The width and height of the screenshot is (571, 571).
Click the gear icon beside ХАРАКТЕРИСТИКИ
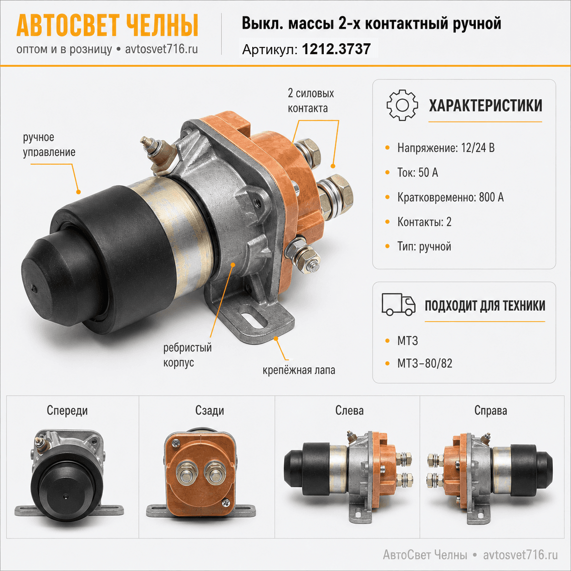[402, 105]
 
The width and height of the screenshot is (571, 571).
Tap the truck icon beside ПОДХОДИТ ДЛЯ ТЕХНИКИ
[398, 305]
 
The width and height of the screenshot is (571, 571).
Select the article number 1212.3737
[336, 49]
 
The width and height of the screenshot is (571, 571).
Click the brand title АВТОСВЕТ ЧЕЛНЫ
[107, 25]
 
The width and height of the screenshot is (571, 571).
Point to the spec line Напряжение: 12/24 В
[446, 148]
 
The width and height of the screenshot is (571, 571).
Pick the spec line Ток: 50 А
[418, 173]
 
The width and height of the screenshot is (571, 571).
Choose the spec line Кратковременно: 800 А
[450, 197]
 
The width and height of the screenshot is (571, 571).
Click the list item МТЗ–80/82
[425, 363]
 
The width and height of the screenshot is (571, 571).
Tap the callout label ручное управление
[49, 145]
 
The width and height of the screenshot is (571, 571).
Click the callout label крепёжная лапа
[299, 370]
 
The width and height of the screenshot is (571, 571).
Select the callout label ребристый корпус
[187, 355]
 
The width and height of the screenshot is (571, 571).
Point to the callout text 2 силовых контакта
[311, 101]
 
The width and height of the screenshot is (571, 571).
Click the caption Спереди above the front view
[67, 411]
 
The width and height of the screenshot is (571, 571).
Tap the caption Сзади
[209, 411]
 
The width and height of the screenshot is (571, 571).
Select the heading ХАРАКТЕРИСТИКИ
[485, 106]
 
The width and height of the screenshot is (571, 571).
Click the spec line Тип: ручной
[424, 246]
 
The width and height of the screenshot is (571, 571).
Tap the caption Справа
[491, 411]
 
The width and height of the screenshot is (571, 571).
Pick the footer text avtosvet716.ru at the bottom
[520, 555]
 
